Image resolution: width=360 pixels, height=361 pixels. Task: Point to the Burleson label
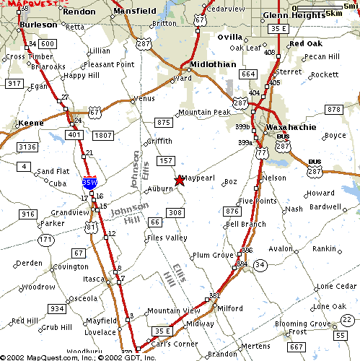[38, 23]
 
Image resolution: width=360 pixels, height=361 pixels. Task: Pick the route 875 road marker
[163, 123]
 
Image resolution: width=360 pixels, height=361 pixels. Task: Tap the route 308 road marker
[175, 212]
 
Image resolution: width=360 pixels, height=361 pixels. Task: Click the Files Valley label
[167, 238]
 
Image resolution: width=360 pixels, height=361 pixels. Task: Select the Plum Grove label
[213, 255]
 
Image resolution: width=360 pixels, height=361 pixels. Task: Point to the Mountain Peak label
[204, 112]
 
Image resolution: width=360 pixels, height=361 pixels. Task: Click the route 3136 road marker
[27, 147]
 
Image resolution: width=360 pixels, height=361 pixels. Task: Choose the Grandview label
[69, 213]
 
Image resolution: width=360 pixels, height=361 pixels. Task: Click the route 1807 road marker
[103, 135]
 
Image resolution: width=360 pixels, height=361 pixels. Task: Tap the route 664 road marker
[248, 74]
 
